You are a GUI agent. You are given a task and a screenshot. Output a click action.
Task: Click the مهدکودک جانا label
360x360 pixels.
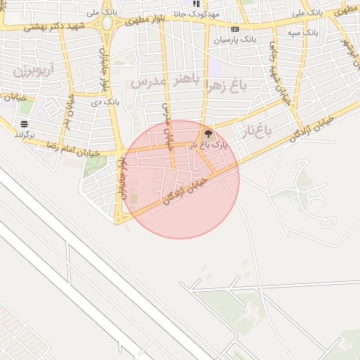[205, 13]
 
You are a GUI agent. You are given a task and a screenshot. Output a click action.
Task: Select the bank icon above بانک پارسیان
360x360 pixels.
[235, 29]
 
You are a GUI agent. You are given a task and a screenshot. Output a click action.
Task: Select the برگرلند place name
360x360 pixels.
[24, 133]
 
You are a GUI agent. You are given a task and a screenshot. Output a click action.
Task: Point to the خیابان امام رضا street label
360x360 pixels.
[71, 148]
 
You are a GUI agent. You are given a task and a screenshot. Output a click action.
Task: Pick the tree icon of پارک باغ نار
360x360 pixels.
[207, 133]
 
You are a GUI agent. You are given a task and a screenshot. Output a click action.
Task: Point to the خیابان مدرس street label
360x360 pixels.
[167, 126]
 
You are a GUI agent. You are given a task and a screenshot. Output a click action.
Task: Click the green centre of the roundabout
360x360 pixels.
[108, 23]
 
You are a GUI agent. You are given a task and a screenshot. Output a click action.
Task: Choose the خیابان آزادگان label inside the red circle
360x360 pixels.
[185, 190]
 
